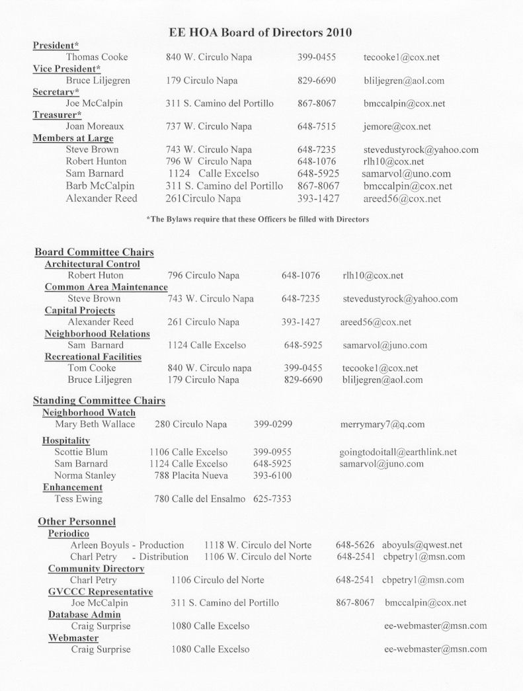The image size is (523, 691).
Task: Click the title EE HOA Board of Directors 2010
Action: point(261,32)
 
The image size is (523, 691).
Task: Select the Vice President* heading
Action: point(67,69)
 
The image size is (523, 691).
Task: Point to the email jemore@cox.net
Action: point(397,126)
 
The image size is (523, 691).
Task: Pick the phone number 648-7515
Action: point(317,126)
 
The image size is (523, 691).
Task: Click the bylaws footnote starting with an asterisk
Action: point(257,219)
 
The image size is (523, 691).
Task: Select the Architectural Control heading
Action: point(92,264)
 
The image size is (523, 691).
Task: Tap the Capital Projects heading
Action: point(79,310)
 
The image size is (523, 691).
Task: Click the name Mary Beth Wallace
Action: point(95,424)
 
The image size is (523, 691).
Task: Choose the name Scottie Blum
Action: point(81,452)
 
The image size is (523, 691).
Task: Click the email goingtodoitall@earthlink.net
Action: point(397,452)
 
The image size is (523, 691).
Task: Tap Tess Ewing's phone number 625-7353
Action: point(272,499)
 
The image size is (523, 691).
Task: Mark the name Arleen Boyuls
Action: point(99,545)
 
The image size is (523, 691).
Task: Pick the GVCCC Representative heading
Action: point(101,591)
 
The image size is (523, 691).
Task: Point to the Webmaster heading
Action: point(73,638)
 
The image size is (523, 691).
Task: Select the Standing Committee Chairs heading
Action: point(99,401)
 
